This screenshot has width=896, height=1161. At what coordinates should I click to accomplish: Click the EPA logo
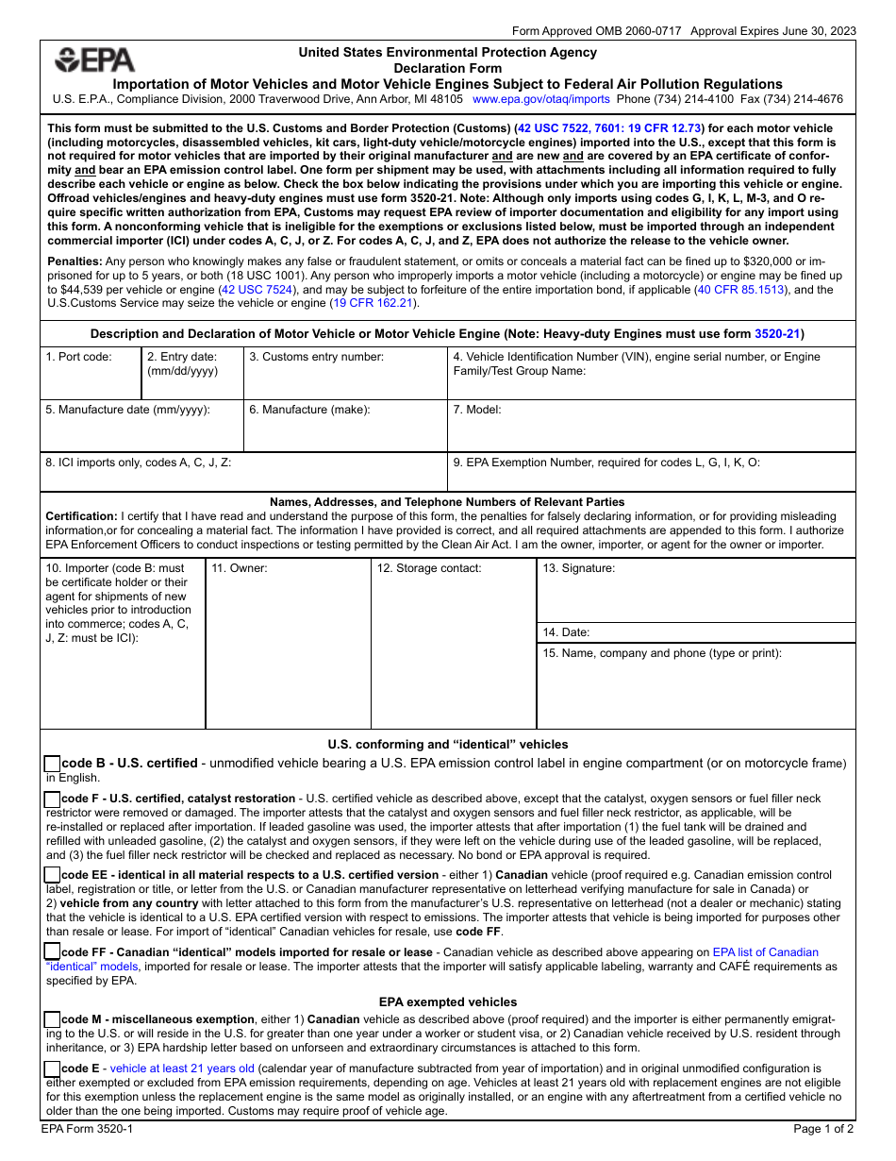tap(94, 60)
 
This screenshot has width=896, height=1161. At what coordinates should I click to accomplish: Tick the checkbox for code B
tap(53, 764)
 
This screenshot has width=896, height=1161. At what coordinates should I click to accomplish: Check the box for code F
tap(53, 799)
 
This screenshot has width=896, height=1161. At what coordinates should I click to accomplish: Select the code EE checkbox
tap(53, 875)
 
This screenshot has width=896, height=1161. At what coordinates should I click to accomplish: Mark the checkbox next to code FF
tap(53, 952)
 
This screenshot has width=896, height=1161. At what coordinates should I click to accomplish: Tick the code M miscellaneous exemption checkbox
tap(53, 1019)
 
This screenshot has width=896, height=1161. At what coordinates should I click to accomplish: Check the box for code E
tap(53, 1068)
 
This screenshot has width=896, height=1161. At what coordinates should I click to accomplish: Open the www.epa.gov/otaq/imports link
tap(540, 98)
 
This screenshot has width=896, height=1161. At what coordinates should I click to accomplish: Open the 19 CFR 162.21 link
tap(373, 303)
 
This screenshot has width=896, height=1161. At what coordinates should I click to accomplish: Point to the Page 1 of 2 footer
tap(823, 1128)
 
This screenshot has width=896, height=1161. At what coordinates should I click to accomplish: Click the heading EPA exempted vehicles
tap(448, 1001)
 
